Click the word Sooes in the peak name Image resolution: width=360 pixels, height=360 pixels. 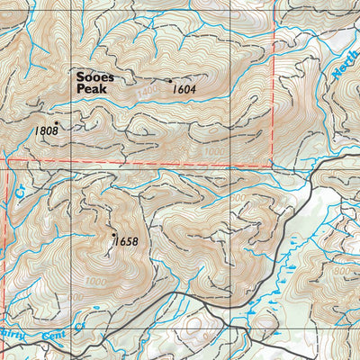pyautogui.click(x=95, y=78)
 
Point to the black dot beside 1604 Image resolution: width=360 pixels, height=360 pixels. pyautogui.click(x=168, y=81)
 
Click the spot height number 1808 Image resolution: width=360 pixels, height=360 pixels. pyautogui.click(x=46, y=131)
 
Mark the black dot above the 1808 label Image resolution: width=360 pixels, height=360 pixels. pyautogui.click(x=56, y=122)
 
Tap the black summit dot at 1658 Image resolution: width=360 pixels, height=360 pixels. pyautogui.click(x=113, y=231)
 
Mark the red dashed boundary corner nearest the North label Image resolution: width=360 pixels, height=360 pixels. pyautogui.click(x=272, y=166)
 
